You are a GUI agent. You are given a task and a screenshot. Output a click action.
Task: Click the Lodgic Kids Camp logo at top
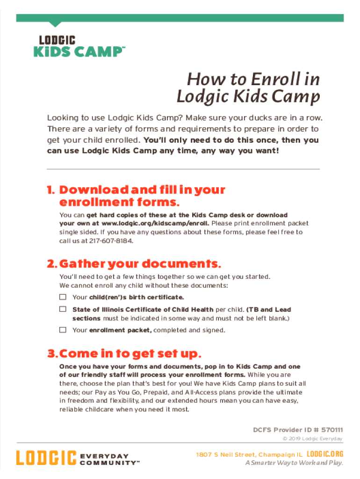click(79, 46)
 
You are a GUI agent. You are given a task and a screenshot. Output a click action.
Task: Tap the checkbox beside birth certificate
click(63, 297)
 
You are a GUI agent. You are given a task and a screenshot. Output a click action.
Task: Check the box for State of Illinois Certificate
click(63, 309)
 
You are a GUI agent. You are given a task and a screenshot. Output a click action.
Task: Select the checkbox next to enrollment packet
click(63, 330)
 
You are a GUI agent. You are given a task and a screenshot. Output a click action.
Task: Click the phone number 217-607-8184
click(111, 241)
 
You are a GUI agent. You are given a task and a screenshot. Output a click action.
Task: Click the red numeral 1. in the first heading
click(51, 190)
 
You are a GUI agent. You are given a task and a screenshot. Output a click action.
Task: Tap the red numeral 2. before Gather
click(52, 264)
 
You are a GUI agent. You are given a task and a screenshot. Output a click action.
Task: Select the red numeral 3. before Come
click(53, 354)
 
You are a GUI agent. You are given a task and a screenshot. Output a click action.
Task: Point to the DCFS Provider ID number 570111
click(332, 430)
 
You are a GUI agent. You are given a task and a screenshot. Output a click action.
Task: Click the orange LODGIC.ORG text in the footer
click(325, 454)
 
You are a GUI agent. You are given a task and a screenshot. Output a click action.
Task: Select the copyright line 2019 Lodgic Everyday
click(313, 439)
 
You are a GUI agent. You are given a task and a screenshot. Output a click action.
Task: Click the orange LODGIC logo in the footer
click(46, 457)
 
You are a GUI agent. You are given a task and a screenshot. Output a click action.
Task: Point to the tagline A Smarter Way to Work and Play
click(295, 463)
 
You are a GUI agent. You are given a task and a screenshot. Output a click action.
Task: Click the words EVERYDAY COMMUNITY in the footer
click(110, 459)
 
